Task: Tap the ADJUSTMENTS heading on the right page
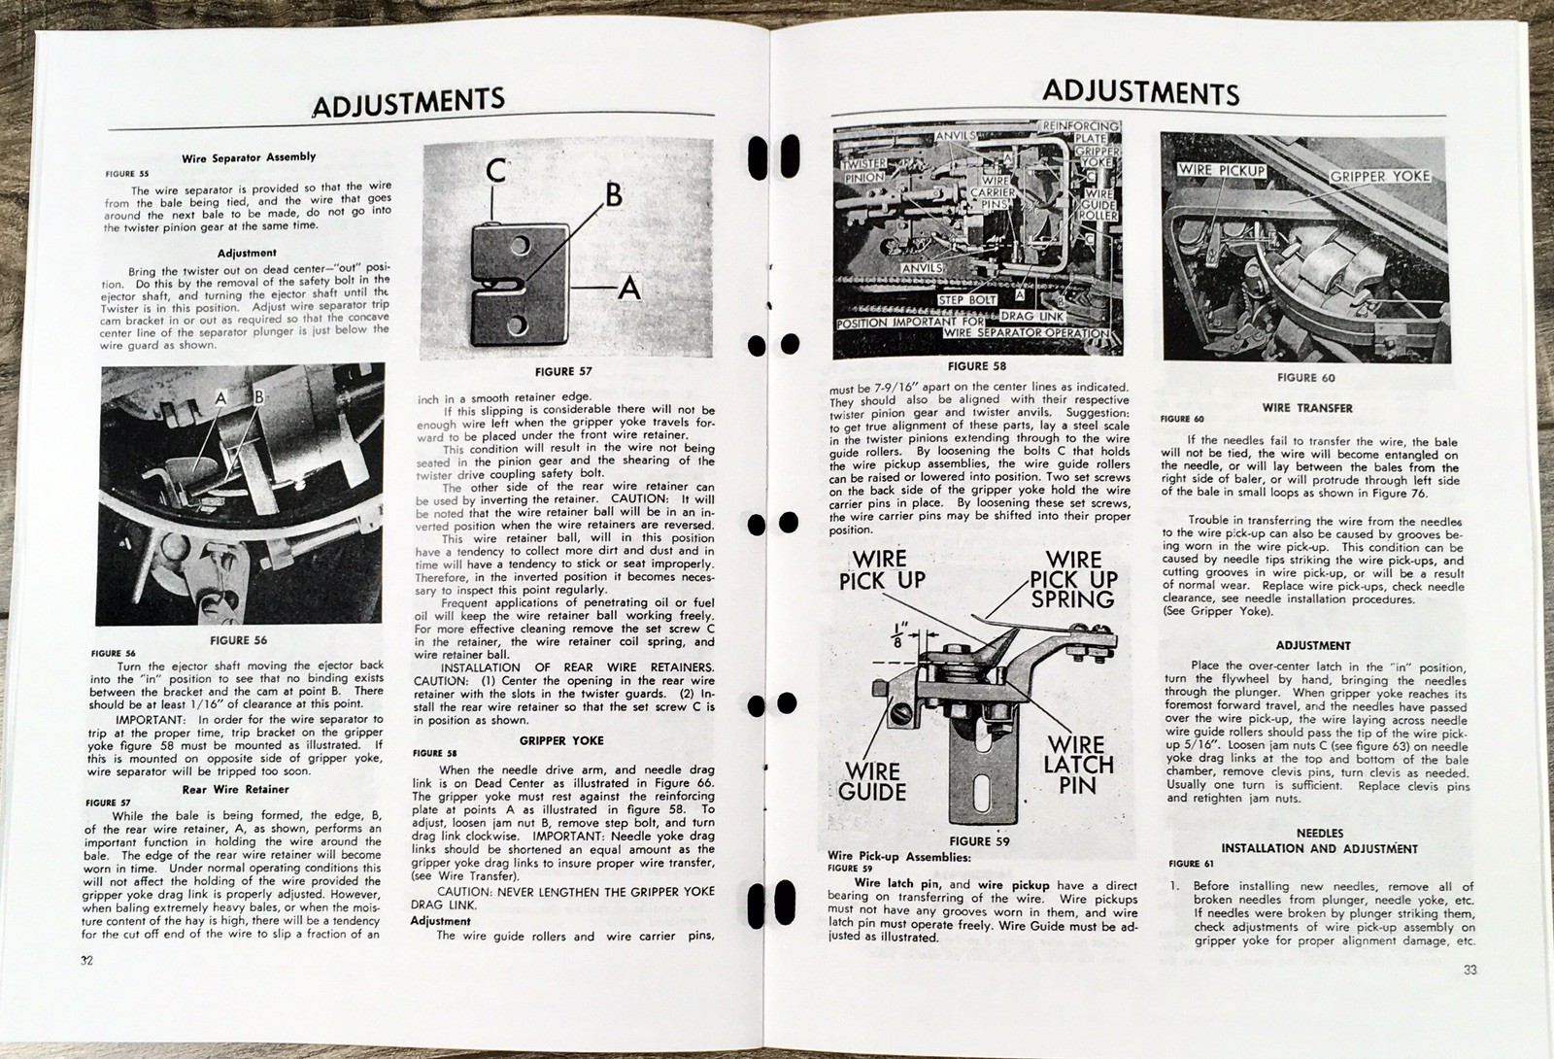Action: tap(1140, 92)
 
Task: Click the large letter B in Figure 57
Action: tap(613, 195)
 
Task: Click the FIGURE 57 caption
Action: tap(563, 371)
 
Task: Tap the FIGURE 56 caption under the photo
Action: tap(238, 640)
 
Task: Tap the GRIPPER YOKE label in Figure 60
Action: tap(1383, 176)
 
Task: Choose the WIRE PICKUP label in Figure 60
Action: tap(1221, 170)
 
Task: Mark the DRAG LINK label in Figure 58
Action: tap(1030, 317)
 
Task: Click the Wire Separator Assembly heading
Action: tap(249, 157)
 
